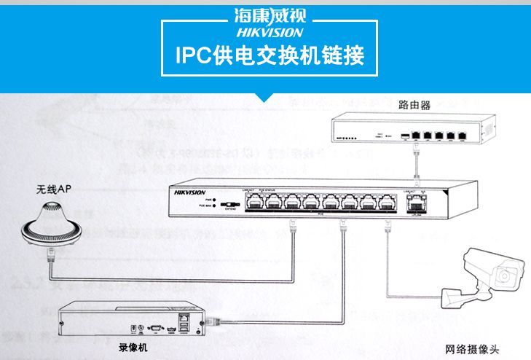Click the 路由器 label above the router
point(414,105)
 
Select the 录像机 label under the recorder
point(133,348)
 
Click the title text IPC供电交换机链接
point(270,55)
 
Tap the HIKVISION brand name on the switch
point(192,193)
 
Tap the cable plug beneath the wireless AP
point(51,256)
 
